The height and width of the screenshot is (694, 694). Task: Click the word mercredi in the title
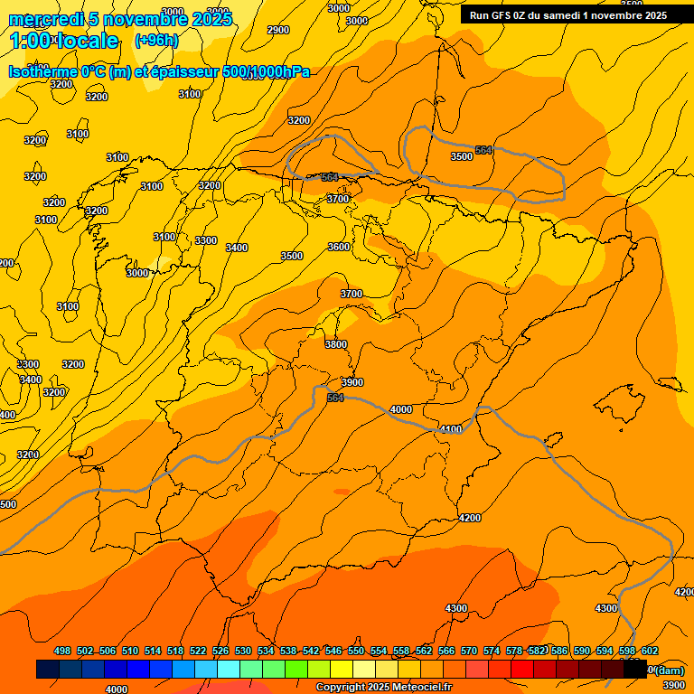45,19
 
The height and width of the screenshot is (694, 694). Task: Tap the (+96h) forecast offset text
156,40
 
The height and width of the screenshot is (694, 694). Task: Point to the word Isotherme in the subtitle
42,72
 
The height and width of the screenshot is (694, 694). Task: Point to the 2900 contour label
278,30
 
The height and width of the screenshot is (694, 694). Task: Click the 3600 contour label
338,247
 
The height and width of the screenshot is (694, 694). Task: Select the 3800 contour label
335,344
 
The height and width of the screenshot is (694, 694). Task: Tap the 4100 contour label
450,429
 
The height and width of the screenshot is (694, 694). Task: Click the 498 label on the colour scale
62,651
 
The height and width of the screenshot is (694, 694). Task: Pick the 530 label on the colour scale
243,651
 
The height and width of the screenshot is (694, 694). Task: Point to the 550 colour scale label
356,651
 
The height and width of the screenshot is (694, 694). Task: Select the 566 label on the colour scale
446,651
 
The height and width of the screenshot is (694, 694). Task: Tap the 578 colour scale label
514,651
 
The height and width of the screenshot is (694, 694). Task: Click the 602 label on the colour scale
650,651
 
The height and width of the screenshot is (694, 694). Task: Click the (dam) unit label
668,670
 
